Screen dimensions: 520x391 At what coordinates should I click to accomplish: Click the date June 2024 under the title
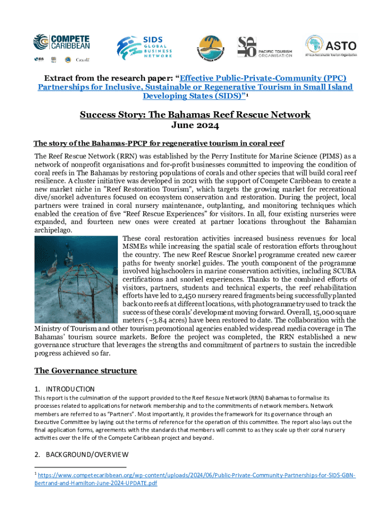[x=195, y=125]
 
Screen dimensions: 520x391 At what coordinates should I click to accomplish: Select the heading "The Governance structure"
[x=85, y=371]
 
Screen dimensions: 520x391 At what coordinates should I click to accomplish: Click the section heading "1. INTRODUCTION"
[x=64, y=389]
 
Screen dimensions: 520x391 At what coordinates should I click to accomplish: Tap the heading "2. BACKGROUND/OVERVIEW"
[x=81, y=454]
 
